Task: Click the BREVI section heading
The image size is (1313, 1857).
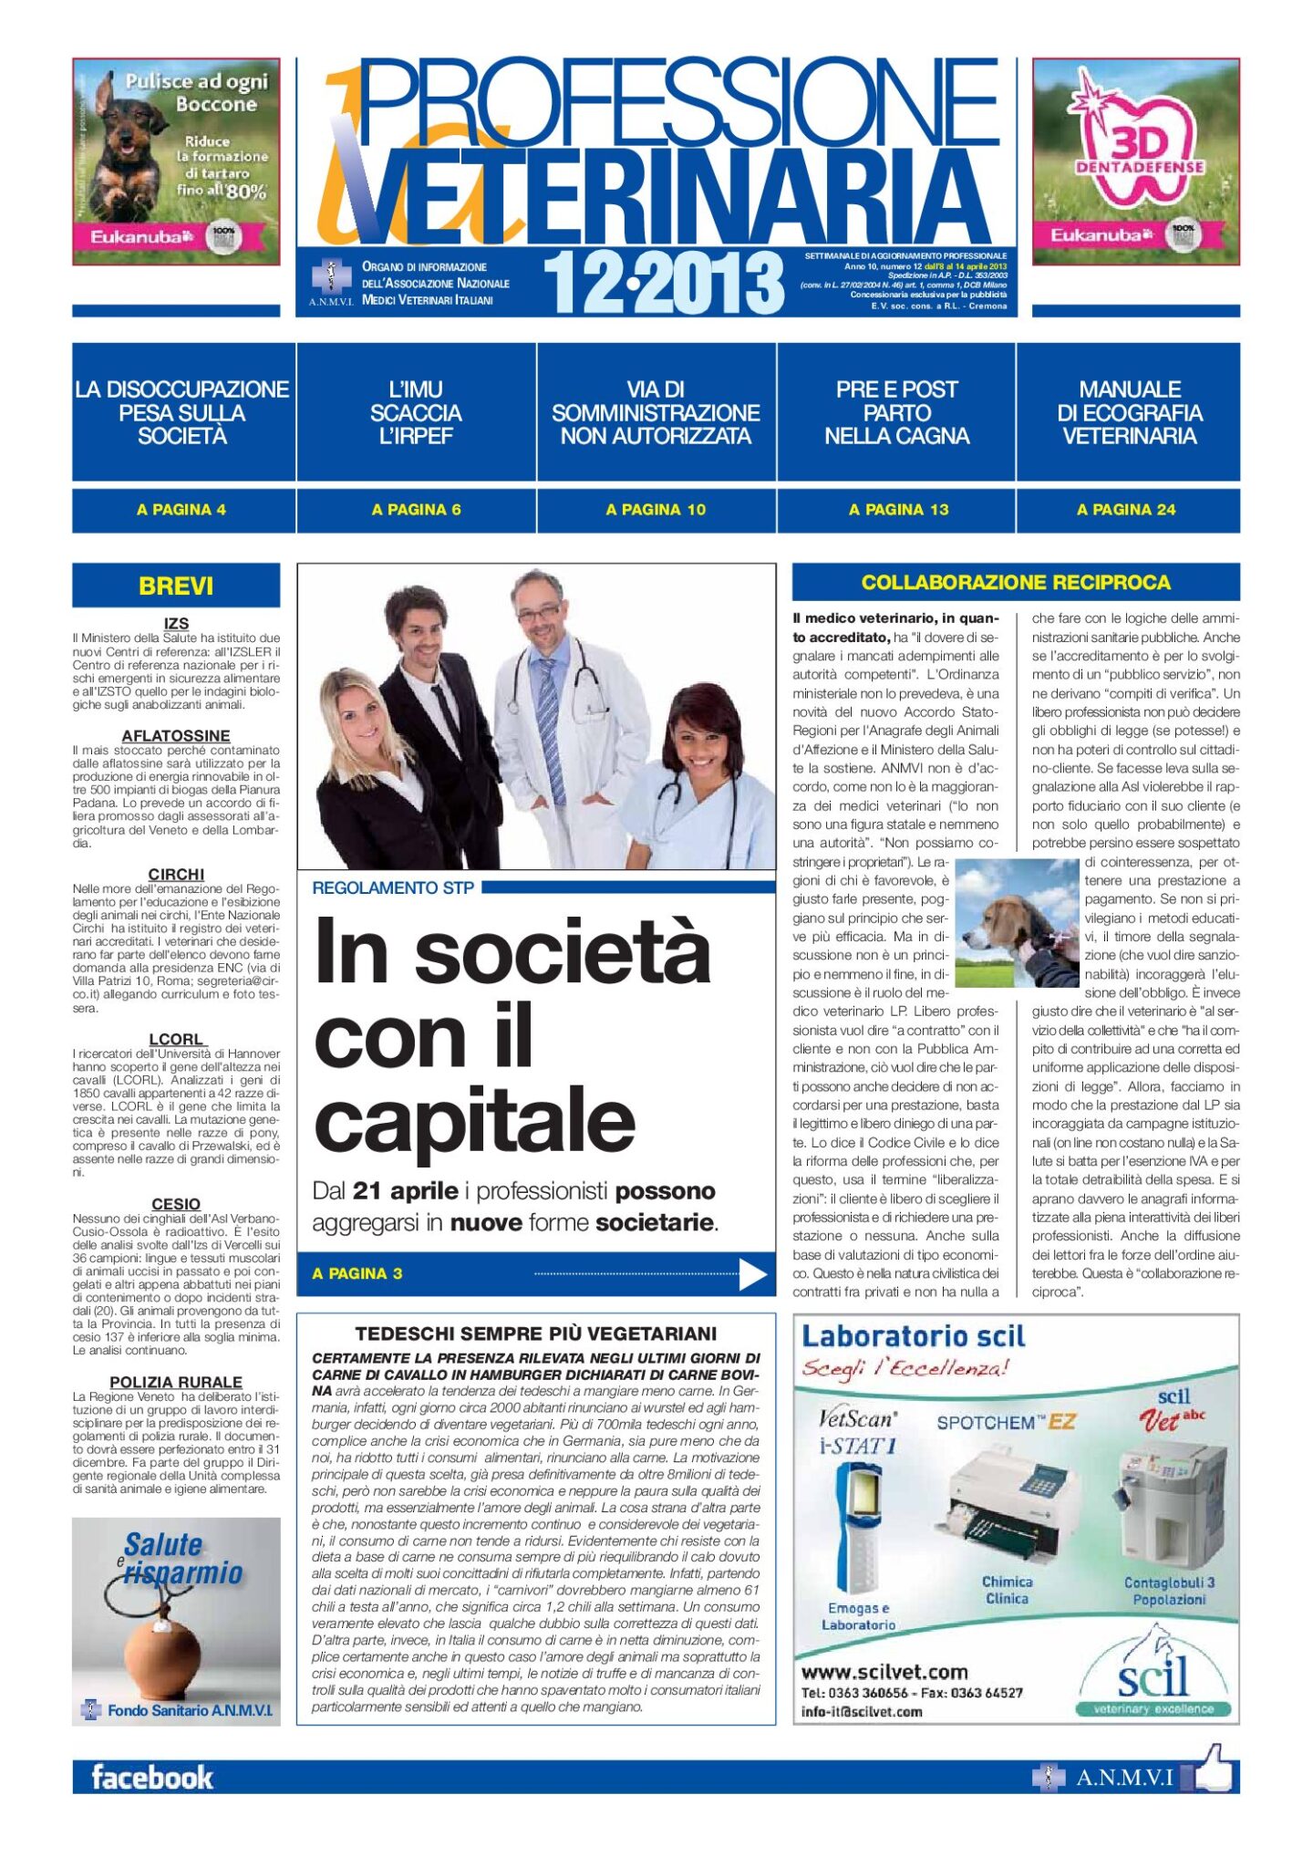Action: [x=176, y=586]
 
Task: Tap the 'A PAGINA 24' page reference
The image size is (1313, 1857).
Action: [x=1126, y=510]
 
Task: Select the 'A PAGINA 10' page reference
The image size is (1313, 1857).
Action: [x=656, y=510]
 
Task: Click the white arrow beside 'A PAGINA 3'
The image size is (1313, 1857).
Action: [x=752, y=1274]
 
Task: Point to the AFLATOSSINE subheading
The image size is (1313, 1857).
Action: [x=176, y=735]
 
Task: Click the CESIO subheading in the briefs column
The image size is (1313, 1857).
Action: [x=176, y=1204]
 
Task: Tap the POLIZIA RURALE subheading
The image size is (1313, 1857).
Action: [x=176, y=1382]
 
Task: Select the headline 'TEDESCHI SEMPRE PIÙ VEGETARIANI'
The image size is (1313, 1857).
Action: [x=536, y=1333]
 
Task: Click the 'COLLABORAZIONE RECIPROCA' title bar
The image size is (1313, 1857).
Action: [x=1016, y=582]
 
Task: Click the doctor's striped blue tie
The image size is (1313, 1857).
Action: [x=551, y=721]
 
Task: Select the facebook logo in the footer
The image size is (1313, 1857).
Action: [x=152, y=1778]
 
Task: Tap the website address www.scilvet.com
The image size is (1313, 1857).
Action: [x=884, y=1672]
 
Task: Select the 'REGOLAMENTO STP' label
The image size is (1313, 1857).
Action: [x=393, y=887]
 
